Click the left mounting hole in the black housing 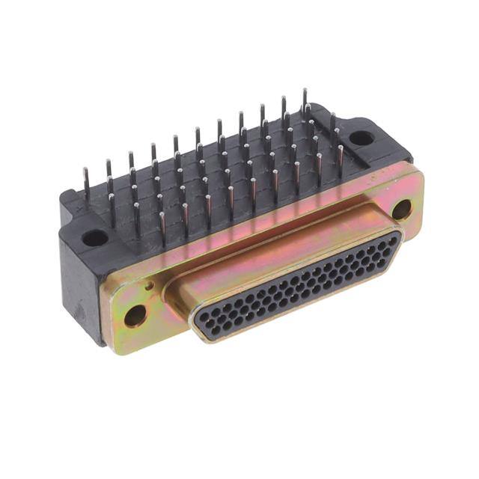coord(95,238)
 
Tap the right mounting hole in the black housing coord(361,138)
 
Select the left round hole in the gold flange coord(135,314)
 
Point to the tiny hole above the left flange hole coord(150,285)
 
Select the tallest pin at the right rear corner coord(305,101)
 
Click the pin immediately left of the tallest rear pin coord(284,109)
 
